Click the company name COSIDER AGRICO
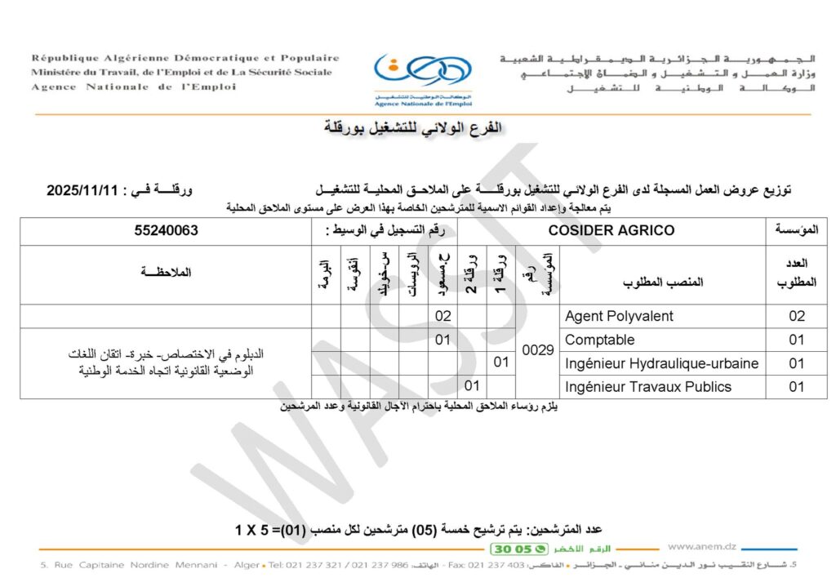point(611,231)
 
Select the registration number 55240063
point(167,231)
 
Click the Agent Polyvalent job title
point(619,316)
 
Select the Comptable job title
point(599,340)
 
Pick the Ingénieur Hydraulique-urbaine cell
point(661,363)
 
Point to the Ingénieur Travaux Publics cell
point(647,387)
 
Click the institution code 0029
point(539,351)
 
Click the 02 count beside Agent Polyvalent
point(797,316)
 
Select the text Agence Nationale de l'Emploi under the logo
point(423,105)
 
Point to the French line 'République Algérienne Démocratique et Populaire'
point(185,58)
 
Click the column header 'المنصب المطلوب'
point(663,282)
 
